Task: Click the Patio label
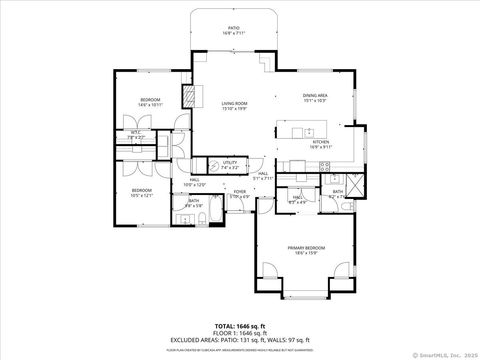point(233,30)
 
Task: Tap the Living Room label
point(235,105)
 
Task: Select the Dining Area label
point(316,97)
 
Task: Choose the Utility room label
point(230,163)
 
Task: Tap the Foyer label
point(240,192)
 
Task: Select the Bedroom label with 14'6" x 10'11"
point(150,102)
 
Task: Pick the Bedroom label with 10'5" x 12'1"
point(141,192)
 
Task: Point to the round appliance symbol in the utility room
point(213,166)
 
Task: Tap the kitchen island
point(303,130)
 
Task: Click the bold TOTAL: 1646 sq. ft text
point(240,326)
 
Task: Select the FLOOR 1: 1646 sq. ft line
point(240,333)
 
